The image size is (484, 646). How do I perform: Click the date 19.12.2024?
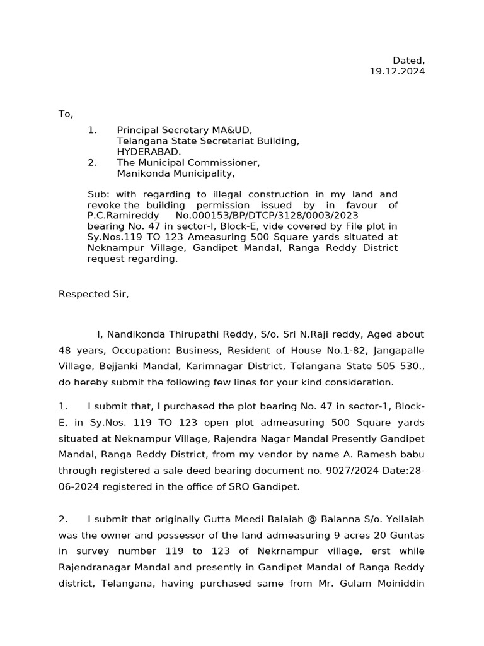pyautogui.click(x=397, y=72)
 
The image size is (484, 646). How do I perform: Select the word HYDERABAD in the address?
pyautogui.click(x=149, y=152)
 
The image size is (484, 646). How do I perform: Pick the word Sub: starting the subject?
pyautogui.click(x=98, y=195)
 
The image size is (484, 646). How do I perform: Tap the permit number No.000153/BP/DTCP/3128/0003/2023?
pyautogui.click(x=267, y=216)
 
